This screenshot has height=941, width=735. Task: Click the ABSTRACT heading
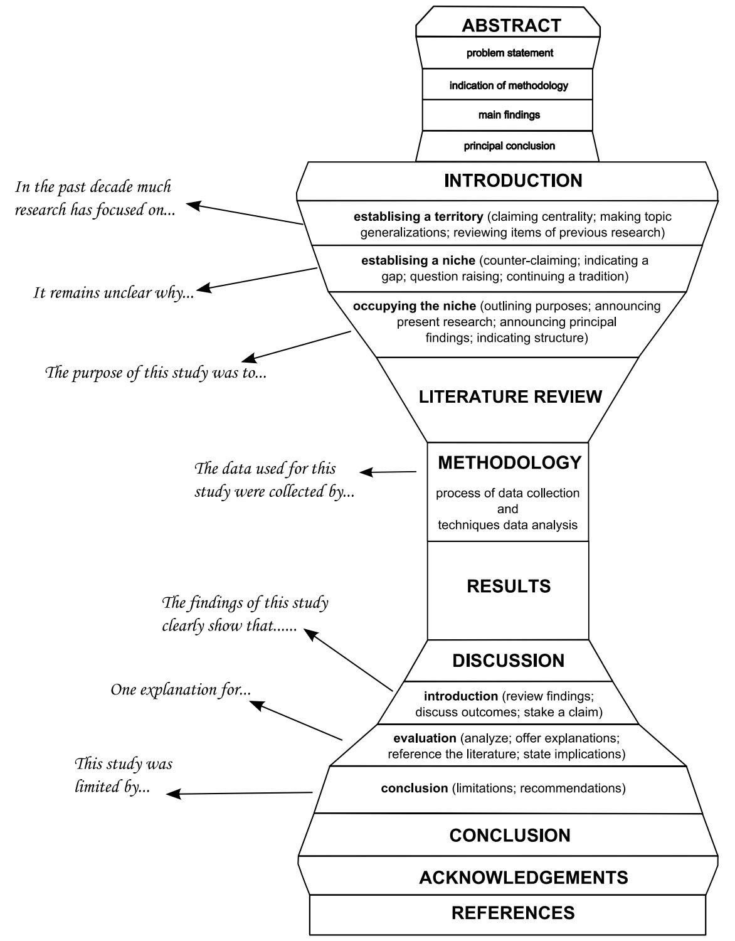(511, 26)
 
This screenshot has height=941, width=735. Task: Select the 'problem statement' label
(510, 53)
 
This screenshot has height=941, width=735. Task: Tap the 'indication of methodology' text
(509, 85)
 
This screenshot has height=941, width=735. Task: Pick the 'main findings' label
(509, 115)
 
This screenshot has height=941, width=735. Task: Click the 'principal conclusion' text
(509, 146)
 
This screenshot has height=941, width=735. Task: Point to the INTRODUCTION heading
(513, 181)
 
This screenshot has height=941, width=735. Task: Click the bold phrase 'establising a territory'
(418, 217)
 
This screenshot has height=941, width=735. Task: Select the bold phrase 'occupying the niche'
(415, 307)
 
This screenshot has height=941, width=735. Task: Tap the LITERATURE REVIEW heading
(510, 397)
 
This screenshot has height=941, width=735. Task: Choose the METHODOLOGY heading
(509, 463)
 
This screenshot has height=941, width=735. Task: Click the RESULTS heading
(509, 587)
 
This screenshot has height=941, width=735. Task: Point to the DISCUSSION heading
(509, 661)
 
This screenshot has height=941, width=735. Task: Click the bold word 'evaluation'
(425, 738)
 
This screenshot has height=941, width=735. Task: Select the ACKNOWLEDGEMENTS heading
(523, 878)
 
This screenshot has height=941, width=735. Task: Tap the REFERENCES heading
(513, 913)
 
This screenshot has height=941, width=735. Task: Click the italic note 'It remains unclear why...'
(114, 293)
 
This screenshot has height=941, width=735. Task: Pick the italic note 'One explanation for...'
(181, 690)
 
